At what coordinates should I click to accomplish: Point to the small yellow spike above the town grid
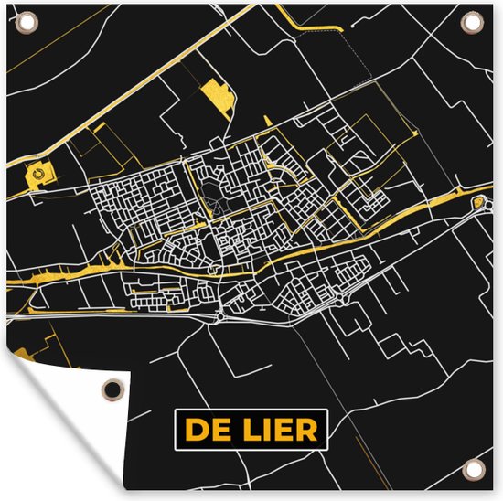tap(265, 122)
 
